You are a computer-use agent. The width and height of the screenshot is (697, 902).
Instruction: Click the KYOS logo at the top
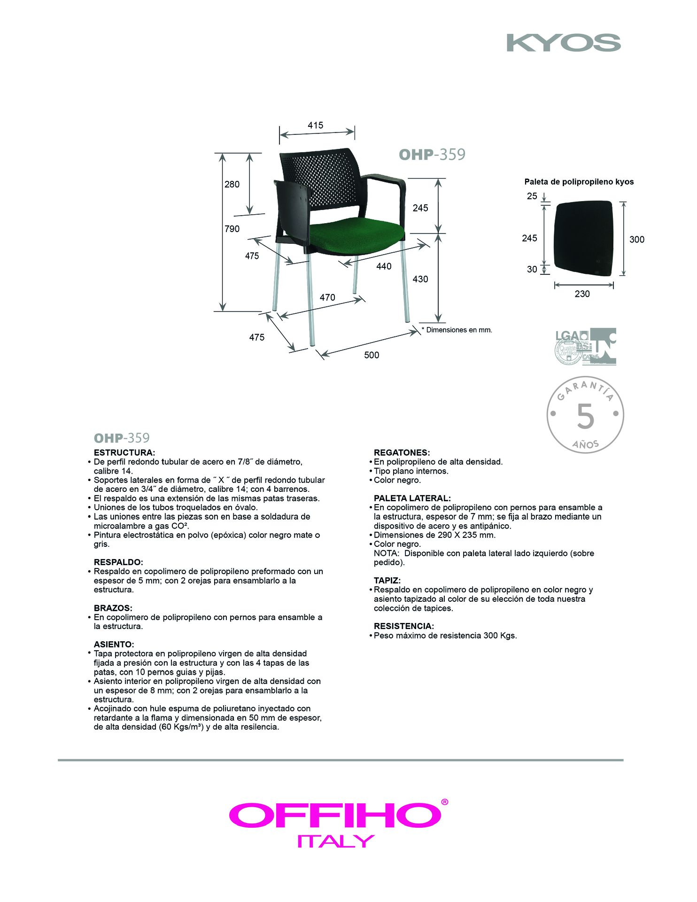pos(564,43)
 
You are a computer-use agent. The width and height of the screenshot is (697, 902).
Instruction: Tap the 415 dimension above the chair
pos(316,125)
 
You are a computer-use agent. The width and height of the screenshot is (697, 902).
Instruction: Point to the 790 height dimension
pos(232,229)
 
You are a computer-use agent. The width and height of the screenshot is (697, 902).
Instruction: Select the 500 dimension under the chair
pos(372,355)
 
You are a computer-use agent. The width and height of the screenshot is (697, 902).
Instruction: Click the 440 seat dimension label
pos(384,266)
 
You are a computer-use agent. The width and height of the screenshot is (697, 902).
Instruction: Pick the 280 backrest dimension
pos(232,184)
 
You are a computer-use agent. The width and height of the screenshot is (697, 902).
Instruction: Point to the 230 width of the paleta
pos(582,294)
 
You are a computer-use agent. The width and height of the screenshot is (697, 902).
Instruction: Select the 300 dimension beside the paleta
pos(637,240)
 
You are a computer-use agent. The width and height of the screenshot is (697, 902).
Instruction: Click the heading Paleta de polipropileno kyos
pos(579,182)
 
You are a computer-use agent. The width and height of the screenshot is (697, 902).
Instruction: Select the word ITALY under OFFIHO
pos(336,841)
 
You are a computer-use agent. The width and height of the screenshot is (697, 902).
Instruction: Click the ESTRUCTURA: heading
pos(124,453)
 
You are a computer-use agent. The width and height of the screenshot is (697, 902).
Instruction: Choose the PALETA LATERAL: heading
pos(412,498)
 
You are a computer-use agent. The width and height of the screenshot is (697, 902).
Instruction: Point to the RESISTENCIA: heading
pos(403,626)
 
